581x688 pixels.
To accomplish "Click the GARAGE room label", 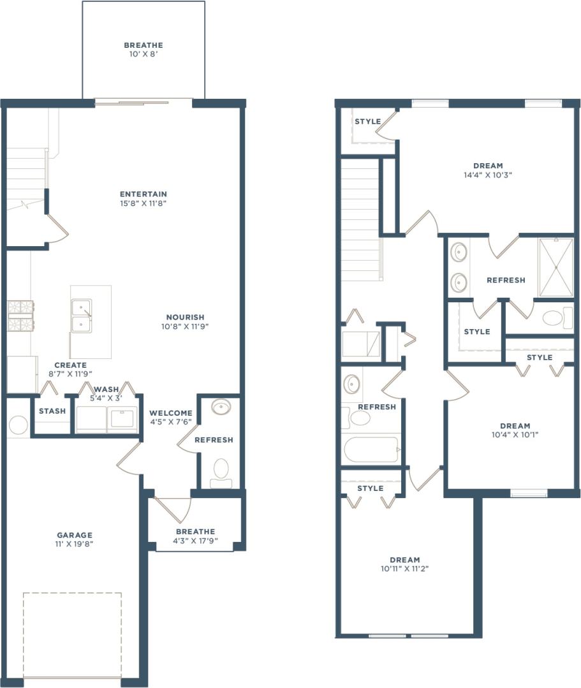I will click(75, 535).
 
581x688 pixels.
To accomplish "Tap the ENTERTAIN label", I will click(143, 194).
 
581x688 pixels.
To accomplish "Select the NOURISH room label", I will click(185, 317).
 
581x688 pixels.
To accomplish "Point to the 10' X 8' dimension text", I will click(143, 55).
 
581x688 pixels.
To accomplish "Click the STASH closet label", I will click(52, 411).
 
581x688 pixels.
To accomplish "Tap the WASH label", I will click(107, 389).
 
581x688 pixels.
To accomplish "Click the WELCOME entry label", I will click(171, 413).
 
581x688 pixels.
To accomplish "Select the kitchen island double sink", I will click(82, 316).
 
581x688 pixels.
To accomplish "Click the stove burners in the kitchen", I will click(20, 316).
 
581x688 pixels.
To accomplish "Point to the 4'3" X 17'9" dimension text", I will click(195, 541).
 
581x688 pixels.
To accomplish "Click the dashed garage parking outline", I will click(72, 635).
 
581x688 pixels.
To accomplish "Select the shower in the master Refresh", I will click(555, 268).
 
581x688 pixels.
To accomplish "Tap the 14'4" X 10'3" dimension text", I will click(488, 175).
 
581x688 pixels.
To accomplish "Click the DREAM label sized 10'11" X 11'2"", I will click(404, 560).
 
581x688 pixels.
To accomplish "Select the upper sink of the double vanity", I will click(459, 252).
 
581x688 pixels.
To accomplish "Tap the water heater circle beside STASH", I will click(18, 425).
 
